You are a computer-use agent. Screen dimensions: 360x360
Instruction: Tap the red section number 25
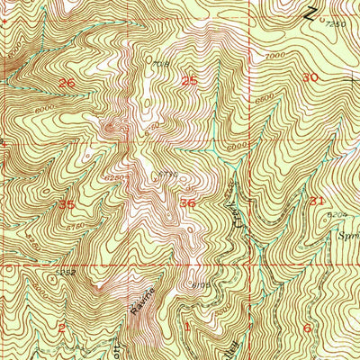point(190,82)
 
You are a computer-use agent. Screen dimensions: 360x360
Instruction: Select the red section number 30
point(310,77)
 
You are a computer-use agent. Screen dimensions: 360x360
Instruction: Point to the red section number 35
point(66,204)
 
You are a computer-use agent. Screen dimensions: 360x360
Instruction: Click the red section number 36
point(188,203)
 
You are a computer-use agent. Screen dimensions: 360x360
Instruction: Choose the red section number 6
point(308,328)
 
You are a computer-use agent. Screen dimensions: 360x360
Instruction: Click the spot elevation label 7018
point(160,64)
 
